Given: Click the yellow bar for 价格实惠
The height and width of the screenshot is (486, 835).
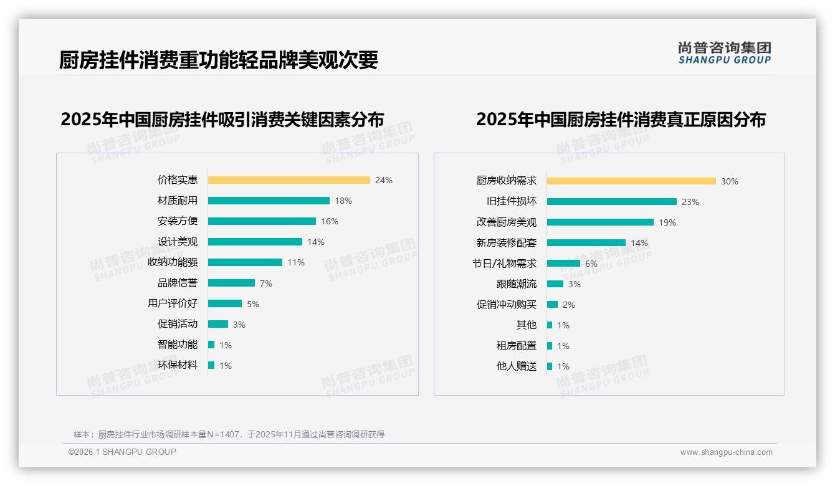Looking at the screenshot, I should click(x=289, y=180).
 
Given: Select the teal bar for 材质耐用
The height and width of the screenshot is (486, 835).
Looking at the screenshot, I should click(x=269, y=201).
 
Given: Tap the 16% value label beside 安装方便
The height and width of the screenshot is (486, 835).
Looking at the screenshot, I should click(x=330, y=221).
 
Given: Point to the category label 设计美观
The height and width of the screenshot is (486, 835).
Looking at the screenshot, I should click(x=177, y=242).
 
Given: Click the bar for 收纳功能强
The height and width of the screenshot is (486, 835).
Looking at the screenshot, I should click(x=245, y=262).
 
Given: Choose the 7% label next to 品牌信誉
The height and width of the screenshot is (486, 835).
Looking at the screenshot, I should click(x=266, y=283).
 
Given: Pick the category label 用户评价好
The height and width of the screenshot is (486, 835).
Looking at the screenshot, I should click(x=172, y=303).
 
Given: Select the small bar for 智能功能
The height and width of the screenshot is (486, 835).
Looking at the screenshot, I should click(x=211, y=345).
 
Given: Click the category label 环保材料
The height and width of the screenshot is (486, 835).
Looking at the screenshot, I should click(x=177, y=365).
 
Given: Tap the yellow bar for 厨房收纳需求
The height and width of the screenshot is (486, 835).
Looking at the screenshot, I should click(x=631, y=181).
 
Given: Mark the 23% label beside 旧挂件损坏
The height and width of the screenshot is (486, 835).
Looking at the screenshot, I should click(x=690, y=202).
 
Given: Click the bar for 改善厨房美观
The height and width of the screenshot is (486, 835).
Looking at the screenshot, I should click(x=600, y=222).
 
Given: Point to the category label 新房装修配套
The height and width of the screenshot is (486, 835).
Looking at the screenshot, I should click(x=506, y=243).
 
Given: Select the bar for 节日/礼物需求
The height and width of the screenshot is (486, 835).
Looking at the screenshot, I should click(x=563, y=264).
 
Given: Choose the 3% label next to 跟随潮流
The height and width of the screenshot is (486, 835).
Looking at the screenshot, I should click(x=575, y=284).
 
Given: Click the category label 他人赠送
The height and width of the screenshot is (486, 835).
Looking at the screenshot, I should click(x=516, y=366).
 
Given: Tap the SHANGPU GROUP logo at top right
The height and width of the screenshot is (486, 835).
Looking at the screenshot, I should click(x=724, y=53).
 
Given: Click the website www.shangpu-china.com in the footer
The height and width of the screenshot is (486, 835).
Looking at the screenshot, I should click(x=726, y=452).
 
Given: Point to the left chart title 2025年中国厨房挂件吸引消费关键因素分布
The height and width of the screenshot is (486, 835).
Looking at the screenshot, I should click(x=222, y=119).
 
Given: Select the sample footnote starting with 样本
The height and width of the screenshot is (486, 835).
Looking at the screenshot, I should click(x=229, y=434).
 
